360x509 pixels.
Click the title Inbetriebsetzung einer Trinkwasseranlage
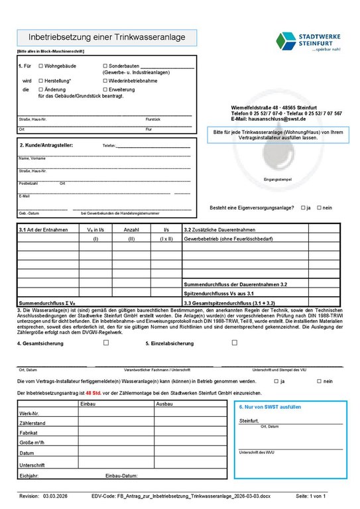(x=106, y=38)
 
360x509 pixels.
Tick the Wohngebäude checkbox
(x=41, y=66)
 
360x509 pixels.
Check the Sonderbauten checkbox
(x=105, y=66)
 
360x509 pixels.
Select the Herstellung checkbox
(x=41, y=80)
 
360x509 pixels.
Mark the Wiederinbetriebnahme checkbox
(x=105, y=80)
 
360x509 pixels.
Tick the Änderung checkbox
(x=41, y=89)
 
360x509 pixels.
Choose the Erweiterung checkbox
(x=105, y=89)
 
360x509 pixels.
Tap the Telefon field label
(x=109, y=146)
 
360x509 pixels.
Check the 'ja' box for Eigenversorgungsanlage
(x=303, y=207)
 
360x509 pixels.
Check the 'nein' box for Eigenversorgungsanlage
(x=319, y=207)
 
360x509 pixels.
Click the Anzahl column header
(x=131, y=229)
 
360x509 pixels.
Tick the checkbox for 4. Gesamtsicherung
(x=105, y=343)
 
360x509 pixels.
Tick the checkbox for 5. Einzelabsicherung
(x=234, y=343)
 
